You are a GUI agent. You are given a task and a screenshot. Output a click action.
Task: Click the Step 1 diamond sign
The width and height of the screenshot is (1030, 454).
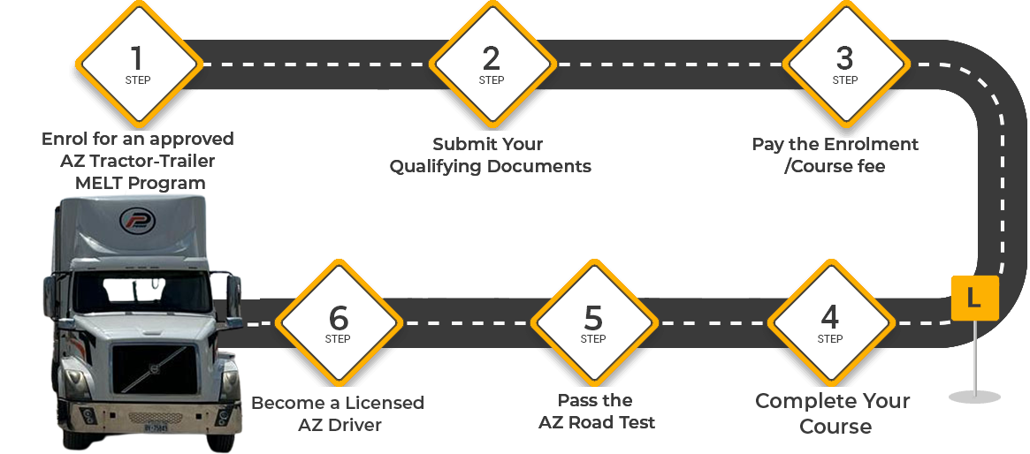[x=137, y=64]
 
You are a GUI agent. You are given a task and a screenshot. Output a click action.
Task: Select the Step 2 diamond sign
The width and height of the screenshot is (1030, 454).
[x=492, y=64]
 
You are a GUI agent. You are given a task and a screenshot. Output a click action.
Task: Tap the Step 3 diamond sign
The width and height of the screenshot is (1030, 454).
[x=845, y=64]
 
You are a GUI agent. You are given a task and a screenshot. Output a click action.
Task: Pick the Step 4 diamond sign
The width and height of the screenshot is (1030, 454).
[x=829, y=322]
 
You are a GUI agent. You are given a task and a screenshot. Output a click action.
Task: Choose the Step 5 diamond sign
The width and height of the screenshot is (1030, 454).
[x=593, y=322]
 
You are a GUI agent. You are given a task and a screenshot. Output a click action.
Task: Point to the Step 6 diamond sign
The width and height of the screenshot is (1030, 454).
[x=338, y=322]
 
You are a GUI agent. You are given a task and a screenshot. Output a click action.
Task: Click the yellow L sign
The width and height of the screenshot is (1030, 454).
[x=973, y=299]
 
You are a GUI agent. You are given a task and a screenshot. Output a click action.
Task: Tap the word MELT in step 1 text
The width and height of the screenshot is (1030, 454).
[x=96, y=184]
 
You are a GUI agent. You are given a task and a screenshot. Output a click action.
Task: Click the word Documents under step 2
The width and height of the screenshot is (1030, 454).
[x=539, y=166]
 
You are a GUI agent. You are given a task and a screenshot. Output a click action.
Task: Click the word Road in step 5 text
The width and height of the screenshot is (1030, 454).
[x=598, y=422]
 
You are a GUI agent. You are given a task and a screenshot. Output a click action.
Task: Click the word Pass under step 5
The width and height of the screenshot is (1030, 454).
[x=576, y=400]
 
